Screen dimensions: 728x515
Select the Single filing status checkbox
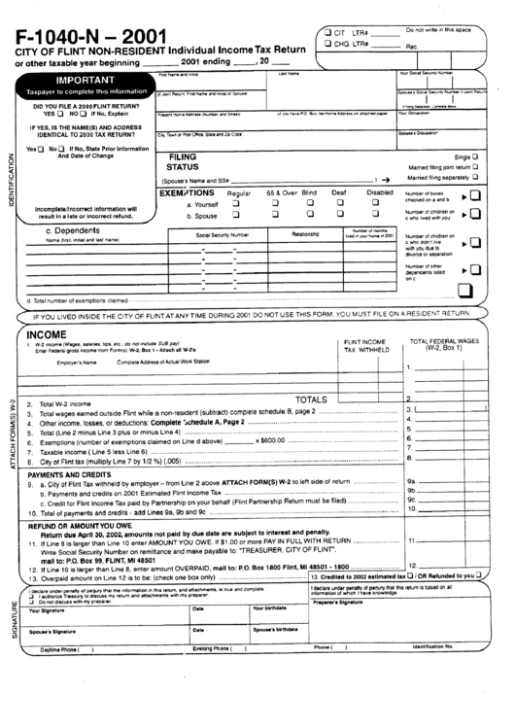(x=475, y=156)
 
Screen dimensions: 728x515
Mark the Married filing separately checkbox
(x=475, y=178)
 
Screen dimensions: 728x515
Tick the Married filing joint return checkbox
(x=475, y=167)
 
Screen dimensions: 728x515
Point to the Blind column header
(x=309, y=193)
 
